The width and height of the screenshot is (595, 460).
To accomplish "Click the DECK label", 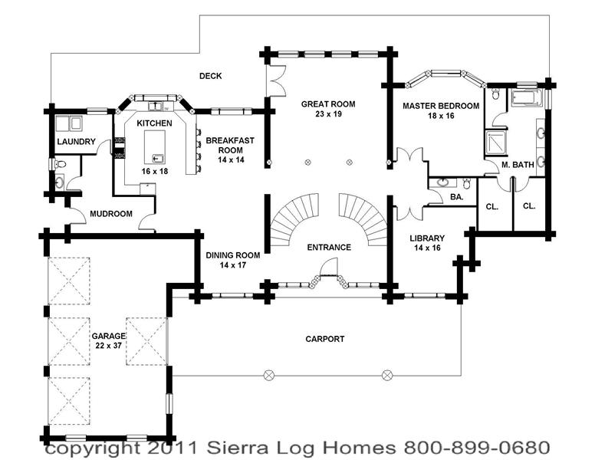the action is pos(211,76).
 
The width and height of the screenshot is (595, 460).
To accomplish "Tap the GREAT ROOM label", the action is pos(328,104).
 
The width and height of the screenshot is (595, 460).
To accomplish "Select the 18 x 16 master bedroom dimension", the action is pos(441,116).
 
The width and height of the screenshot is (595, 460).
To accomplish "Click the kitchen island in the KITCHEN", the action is pos(154,146).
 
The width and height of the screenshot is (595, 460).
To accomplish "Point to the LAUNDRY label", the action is pos(76,142).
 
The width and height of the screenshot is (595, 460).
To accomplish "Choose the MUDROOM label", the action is pos(111,214).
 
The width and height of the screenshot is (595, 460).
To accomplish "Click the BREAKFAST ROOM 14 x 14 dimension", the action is pos(231,159).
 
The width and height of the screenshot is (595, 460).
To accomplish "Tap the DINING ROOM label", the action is pos(233,255).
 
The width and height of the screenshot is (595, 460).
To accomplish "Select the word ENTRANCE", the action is pos(329,248).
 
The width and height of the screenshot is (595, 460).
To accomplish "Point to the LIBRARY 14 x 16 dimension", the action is pos(427,248).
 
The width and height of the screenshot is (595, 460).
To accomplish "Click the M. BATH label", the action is pos(518,165).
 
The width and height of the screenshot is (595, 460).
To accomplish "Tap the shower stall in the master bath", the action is pos(496,143).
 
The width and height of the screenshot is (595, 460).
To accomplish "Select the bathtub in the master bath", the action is pos(525,98).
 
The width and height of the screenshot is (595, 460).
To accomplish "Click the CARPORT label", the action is pos(325,339).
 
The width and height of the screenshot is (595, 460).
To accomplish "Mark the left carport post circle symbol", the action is pos(268,376).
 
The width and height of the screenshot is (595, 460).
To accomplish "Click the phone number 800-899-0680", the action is pos(477,448).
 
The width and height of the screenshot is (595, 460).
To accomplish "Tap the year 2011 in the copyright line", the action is pos(173,448).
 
